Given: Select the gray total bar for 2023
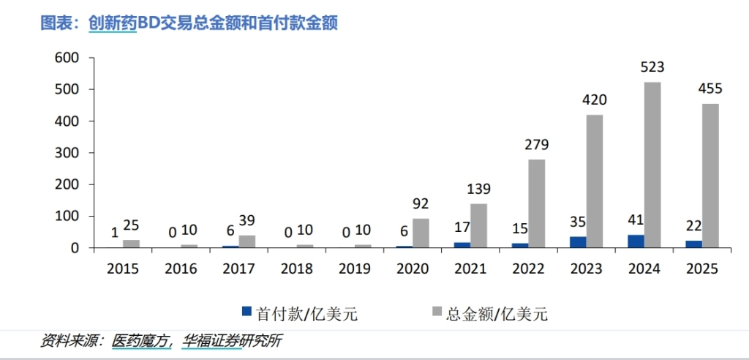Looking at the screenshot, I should click(595, 181).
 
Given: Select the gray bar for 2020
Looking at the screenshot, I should click(421, 233).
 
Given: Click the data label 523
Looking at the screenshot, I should click(652, 67).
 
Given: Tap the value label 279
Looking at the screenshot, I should click(536, 144).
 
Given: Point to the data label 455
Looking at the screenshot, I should click(710, 89).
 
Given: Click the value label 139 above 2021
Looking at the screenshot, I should click(478, 189).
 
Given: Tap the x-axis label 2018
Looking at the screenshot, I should click(296, 269).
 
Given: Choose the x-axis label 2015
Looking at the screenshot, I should click(123, 269).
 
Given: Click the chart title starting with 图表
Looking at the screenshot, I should click(189, 23).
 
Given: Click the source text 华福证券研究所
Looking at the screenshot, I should click(232, 340).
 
